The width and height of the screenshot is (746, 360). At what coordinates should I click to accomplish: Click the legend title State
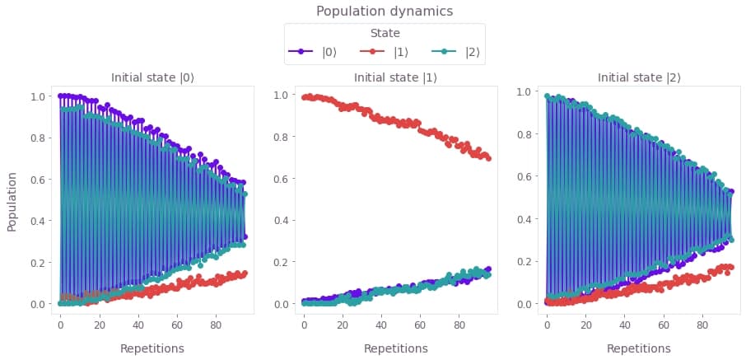pos(385,34)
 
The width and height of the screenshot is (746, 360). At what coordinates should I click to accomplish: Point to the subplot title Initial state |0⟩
pos(152,78)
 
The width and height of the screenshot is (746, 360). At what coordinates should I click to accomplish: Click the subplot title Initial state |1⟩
pos(396,78)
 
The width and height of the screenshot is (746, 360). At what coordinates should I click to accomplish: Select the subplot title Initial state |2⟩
pos(639,78)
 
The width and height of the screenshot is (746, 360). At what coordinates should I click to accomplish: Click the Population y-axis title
pos(12,201)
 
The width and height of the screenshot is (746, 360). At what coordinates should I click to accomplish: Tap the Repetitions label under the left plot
pos(152,348)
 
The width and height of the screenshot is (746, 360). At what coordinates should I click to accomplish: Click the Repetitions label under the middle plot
pos(396,348)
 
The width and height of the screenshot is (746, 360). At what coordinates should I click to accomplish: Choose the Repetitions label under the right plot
pos(639,348)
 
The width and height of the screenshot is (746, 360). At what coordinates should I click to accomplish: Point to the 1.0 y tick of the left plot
pos(39,96)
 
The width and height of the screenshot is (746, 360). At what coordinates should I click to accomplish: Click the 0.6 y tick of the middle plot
pos(282,179)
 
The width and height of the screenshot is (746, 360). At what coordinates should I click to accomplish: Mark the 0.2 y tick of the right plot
pos(525,261)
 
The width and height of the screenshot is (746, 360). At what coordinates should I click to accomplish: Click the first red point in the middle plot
pos(304,98)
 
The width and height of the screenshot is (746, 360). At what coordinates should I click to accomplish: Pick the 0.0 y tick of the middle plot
pos(282,304)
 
